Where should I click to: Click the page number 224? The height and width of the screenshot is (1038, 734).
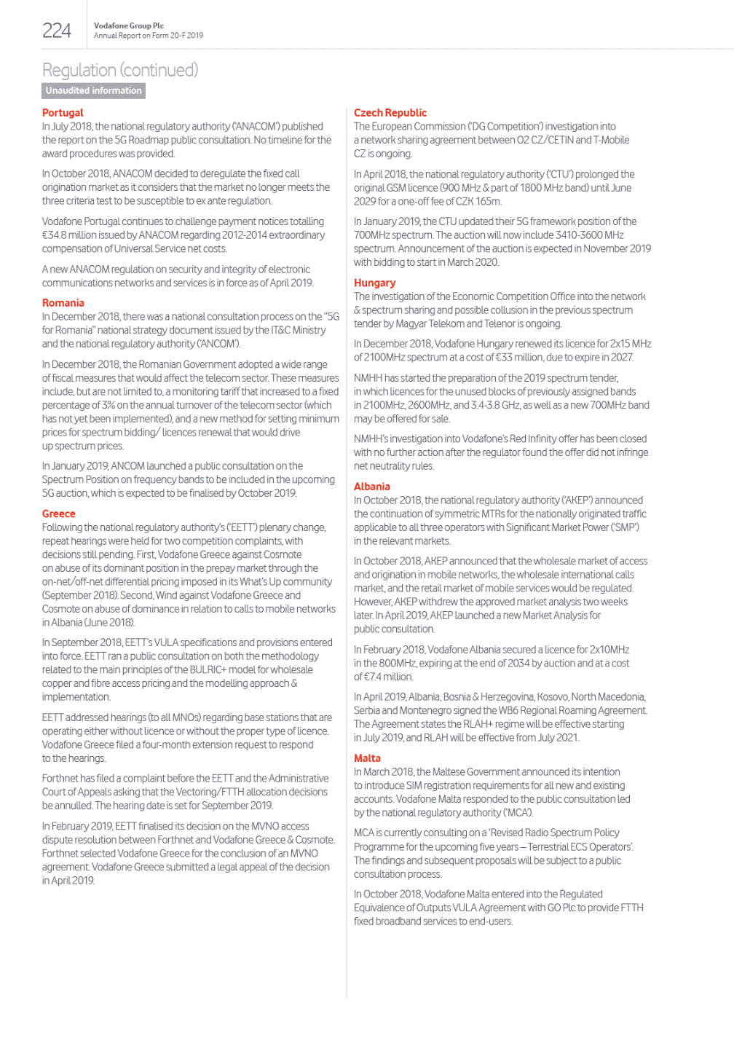coord(57,31)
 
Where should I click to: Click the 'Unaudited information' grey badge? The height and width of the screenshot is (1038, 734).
coord(93,90)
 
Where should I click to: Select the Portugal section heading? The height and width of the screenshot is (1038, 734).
coord(63,113)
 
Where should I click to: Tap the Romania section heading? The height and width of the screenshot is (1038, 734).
coord(63,303)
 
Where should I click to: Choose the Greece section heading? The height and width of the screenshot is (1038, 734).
coord(59,514)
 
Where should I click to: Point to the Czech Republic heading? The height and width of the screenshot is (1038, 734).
coord(390,113)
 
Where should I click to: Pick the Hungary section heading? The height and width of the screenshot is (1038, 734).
coord(375,283)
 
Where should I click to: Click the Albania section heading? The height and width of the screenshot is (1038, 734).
coord(372,487)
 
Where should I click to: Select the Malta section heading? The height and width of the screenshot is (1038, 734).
coord(368,758)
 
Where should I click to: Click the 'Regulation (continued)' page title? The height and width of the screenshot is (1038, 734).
coord(120,70)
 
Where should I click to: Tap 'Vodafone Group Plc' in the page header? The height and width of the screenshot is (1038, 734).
coord(129,25)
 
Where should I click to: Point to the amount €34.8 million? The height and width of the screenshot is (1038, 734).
coord(72,235)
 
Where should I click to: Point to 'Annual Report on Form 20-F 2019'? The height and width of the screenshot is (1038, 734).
coord(149,36)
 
